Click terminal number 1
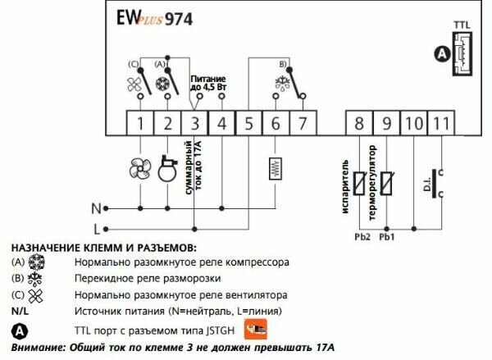140,124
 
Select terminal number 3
194,124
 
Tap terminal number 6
276,124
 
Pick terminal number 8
359,124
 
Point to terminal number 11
440,124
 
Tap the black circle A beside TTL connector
443,54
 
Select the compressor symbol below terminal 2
168,167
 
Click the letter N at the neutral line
96,207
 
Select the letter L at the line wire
97,227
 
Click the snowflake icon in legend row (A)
37,264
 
